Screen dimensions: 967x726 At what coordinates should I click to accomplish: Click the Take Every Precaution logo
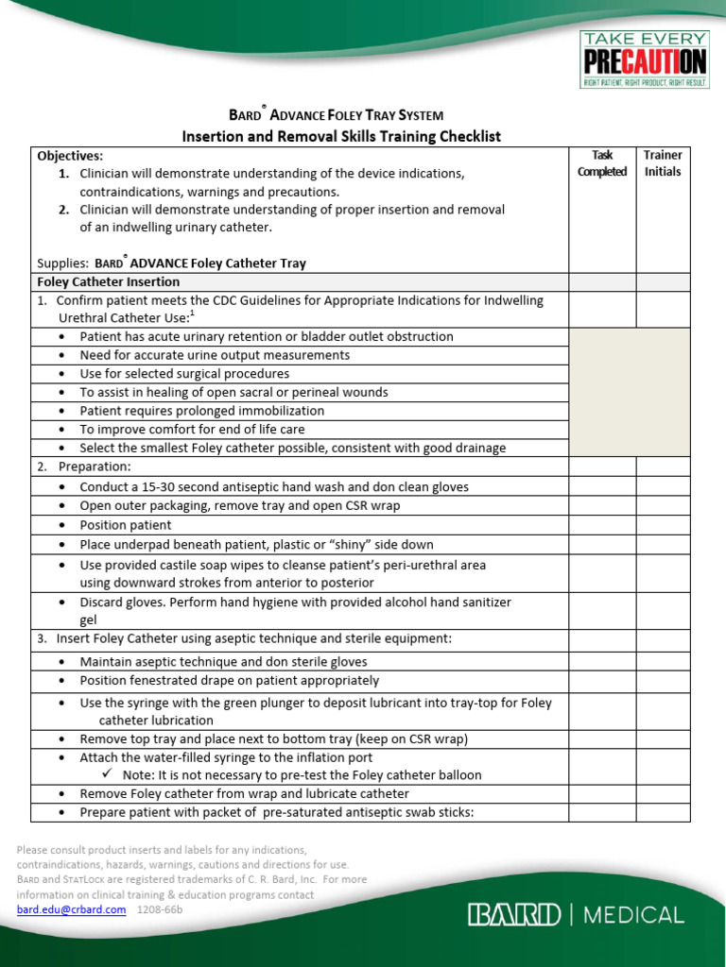(x=644, y=59)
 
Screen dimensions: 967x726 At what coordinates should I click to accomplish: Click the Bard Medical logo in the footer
(x=576, y=914)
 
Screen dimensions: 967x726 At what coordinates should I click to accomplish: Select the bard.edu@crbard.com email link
(x=71, y=909)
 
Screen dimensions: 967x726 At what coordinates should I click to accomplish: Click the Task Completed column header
(x=602, y=163)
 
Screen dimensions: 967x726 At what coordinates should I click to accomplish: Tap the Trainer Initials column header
(x=663, y=163)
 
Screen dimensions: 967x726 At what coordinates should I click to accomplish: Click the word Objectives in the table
(x=69, y=156)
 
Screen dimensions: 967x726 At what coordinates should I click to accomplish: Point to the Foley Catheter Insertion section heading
(x=108, y=281)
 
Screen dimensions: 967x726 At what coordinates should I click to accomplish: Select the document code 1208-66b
(x=160, y=909)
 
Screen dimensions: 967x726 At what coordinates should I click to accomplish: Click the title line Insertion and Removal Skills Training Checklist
(x=341, y=136)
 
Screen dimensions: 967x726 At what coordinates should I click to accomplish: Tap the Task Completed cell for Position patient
(x=602, y=525)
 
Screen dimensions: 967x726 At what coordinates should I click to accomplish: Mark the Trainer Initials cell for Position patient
(x=663, y=525)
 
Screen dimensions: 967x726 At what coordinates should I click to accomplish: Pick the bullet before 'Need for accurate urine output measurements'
(x=62, y=356)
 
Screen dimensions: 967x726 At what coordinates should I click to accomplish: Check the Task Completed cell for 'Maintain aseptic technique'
(x=602, y=662)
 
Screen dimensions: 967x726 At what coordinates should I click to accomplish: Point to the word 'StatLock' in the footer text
(x=87, y=879)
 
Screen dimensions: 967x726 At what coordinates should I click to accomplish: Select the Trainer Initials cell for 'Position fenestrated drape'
(x=663, y=681)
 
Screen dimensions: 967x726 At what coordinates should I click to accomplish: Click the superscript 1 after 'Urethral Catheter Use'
(x=192, y=314)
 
